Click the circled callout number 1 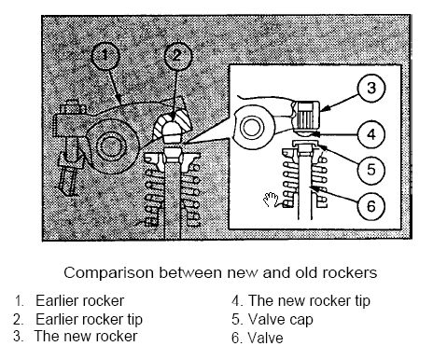point(105,56)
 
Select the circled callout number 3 point(371,88)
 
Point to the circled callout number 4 point(371,134)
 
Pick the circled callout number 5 point(371,170)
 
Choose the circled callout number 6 point(371,206)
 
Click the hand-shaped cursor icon point(271,200)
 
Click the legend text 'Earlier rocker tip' point(89,320)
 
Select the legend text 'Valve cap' point(281,320)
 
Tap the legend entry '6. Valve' point(258,339)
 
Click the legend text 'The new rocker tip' point(309,301)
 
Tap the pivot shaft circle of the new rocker point(252,128)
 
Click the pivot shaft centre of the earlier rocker point(110,145)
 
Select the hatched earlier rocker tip point(173,126)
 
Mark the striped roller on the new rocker point(307,116)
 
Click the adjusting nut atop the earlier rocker point(73,108)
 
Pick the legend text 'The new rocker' point(86,337)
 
